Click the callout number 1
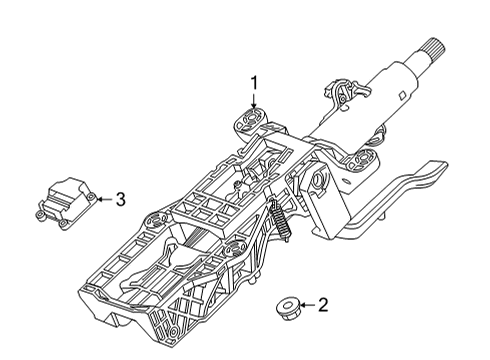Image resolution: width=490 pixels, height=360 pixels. (254, 83)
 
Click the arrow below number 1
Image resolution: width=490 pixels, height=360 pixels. (254, 103)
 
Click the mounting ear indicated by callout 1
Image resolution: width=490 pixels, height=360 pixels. (250, 124)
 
